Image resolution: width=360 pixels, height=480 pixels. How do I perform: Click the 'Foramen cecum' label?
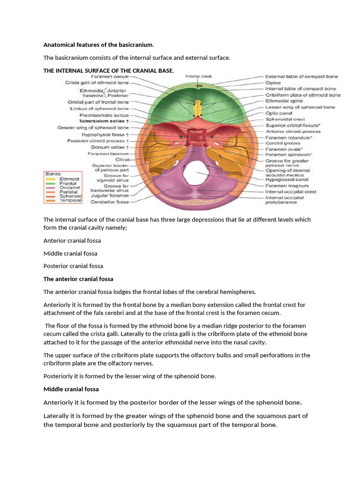point(111,76)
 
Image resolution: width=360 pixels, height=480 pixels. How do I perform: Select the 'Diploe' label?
point(274,82)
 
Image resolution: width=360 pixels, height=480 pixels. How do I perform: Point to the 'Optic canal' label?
point(279,113)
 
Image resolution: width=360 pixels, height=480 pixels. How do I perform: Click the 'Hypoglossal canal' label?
point(286,179)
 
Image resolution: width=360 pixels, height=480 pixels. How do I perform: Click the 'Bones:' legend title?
point(52,173)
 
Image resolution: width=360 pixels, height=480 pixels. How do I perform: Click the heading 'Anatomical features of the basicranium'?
point(98,45)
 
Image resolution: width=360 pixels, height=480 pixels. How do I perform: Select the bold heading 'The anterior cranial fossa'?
point(78,279)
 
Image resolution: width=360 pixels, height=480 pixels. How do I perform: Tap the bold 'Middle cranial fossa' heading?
point(71,389)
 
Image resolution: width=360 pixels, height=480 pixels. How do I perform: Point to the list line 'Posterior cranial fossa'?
point(73,266)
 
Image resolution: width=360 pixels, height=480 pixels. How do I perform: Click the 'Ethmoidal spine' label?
point(284,101)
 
